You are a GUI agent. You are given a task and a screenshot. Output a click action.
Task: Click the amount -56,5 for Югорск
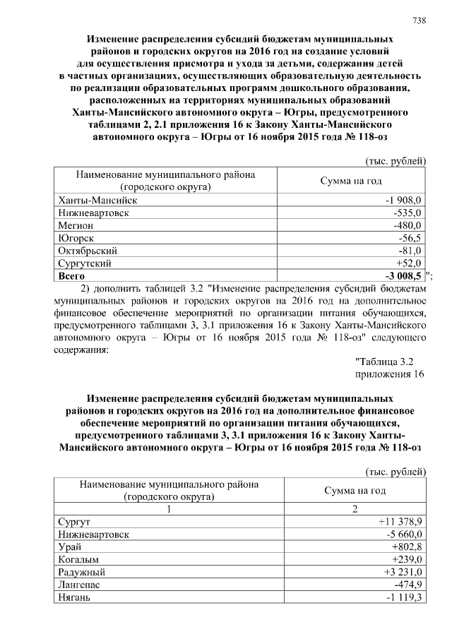pos(409,238)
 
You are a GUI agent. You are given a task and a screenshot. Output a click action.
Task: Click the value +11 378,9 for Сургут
pos(400,522)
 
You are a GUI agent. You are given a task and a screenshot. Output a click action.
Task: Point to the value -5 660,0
pos(403,535)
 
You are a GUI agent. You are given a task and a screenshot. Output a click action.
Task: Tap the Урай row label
pos(69,547)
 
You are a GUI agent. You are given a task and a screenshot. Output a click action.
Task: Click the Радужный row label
pos(82,573)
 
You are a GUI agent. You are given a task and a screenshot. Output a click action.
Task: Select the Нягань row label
pos(73,598)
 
